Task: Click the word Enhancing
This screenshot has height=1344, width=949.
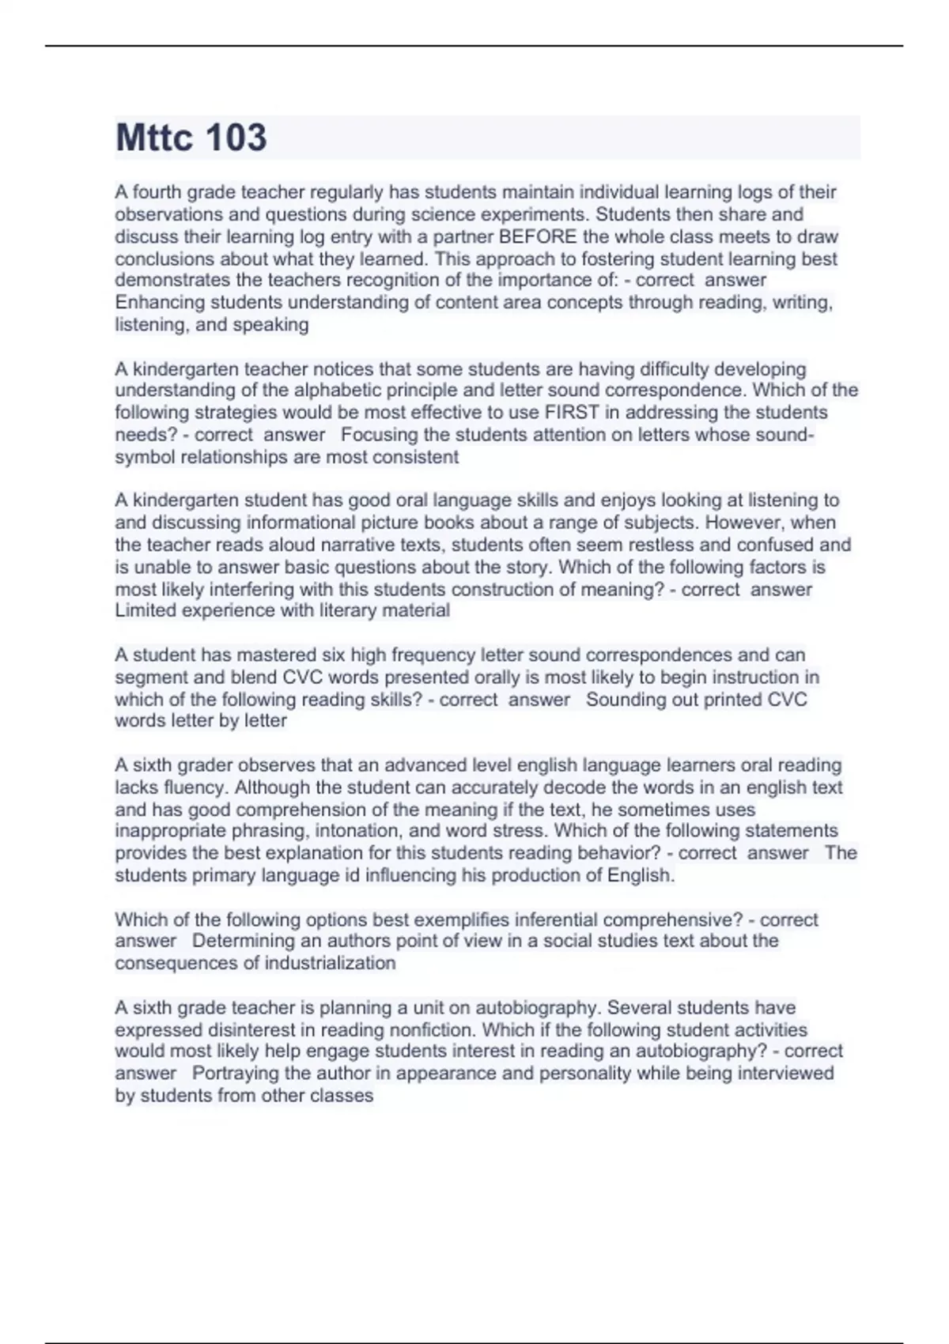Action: pos(160,302)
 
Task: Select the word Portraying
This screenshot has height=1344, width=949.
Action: pos(235,1073)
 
